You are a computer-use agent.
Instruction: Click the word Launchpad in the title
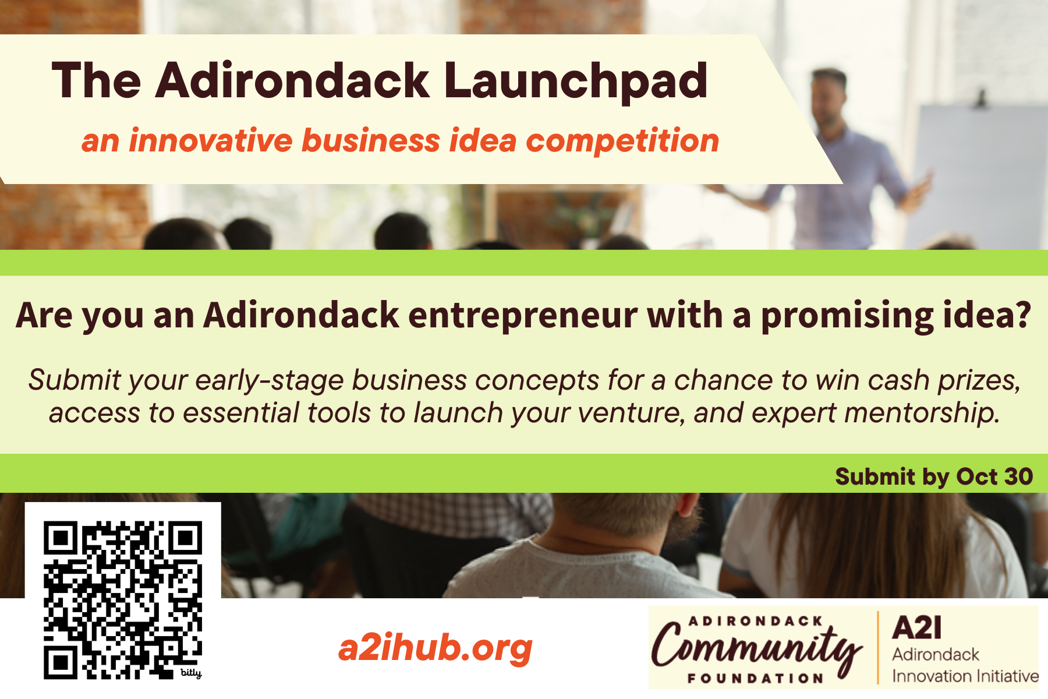click(576, 81)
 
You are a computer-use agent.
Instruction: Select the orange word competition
click(622, 142)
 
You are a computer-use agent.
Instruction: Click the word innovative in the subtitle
click(211, 140)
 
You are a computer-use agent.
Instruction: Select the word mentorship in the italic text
click(922, 413)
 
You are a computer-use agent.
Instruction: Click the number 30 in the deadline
click(1018, 476)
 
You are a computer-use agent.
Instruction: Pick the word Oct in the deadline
click(977, 476)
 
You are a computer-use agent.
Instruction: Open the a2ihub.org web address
click(436, 648)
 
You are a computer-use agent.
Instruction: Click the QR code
click(123, 600)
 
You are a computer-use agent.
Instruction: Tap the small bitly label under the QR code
click(191, 673)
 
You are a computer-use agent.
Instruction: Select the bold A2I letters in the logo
click(916, 627)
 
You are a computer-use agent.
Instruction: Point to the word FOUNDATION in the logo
click(755, 679)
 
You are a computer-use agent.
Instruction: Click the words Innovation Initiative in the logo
click(965, 676)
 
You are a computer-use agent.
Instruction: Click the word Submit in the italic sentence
click(74, 380)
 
